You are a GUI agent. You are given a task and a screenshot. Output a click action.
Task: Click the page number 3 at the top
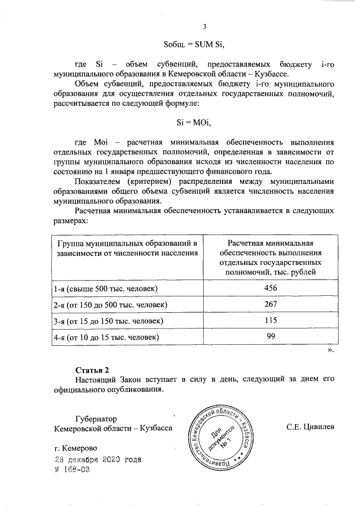(x=205, y=27)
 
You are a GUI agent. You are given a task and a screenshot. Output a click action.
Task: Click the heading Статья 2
(x=92, y=370)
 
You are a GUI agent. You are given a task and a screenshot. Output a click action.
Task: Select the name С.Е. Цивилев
(x=310, y=428)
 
